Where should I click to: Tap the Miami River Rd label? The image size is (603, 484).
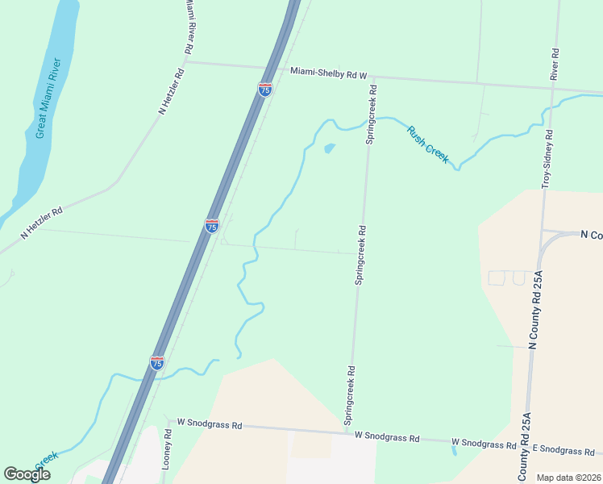pos(188,27)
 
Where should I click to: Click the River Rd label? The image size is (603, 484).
pos(555,64)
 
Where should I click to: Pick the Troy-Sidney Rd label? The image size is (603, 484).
pos(547,159)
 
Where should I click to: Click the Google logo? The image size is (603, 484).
pos(27,474)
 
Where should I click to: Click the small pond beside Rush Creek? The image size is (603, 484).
pos(329,148)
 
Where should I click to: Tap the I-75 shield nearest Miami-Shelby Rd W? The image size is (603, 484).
pos(265,90)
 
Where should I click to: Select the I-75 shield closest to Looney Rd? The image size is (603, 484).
pos(157,363)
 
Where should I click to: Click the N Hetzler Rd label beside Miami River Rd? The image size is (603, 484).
pos(173,90)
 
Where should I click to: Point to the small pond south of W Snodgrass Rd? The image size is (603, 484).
pos(455,450)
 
